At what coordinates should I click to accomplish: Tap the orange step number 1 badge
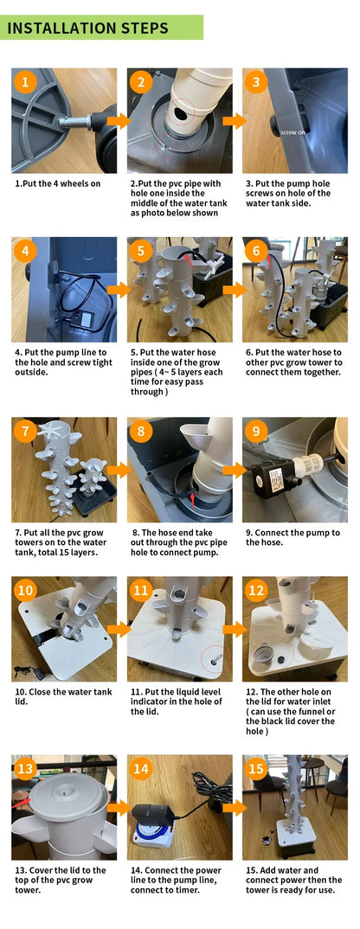tap(25, 82)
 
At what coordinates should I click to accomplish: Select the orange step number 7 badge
tap(25, 432)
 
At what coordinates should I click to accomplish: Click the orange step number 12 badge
tap(256, 591)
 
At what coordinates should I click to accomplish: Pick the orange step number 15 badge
tap(256, 769)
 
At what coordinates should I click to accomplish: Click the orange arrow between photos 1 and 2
tap(119, 121)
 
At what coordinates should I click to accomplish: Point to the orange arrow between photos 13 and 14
tap(119, 807)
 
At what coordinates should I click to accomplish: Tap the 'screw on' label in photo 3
tap(293, 132)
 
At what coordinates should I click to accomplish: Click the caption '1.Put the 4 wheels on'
tap(58, 183)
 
